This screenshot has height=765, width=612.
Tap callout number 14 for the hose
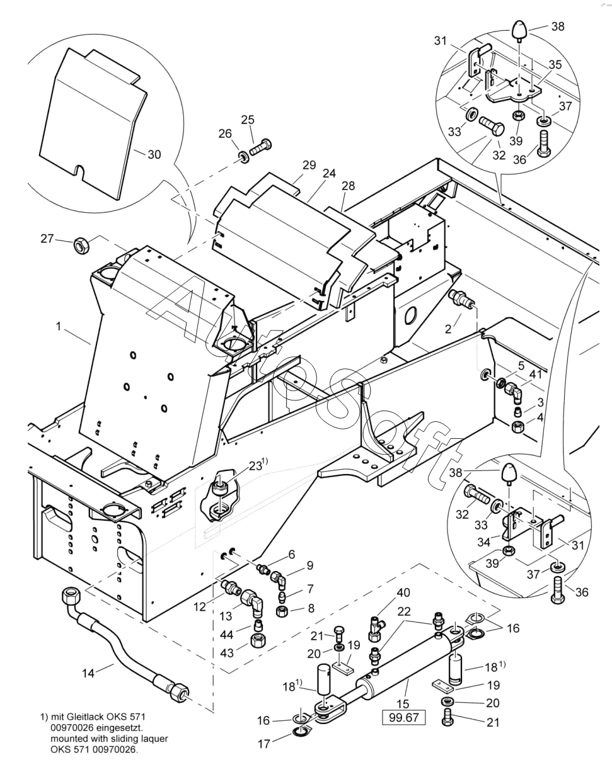coord(88,673)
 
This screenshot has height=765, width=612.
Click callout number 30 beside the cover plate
coord(154,154)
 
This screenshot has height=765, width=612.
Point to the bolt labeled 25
coord(261,147)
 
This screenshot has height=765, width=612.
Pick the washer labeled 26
coord(244,157)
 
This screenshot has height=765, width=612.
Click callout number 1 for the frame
coord(59,326)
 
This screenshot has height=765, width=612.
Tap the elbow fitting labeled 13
coord(251,602)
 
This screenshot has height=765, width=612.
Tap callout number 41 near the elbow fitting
coord(535,374)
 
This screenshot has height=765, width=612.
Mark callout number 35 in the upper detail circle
coord(555,64)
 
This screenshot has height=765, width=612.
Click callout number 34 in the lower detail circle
coord(483,542)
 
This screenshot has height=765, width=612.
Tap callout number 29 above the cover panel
coord(309,165)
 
